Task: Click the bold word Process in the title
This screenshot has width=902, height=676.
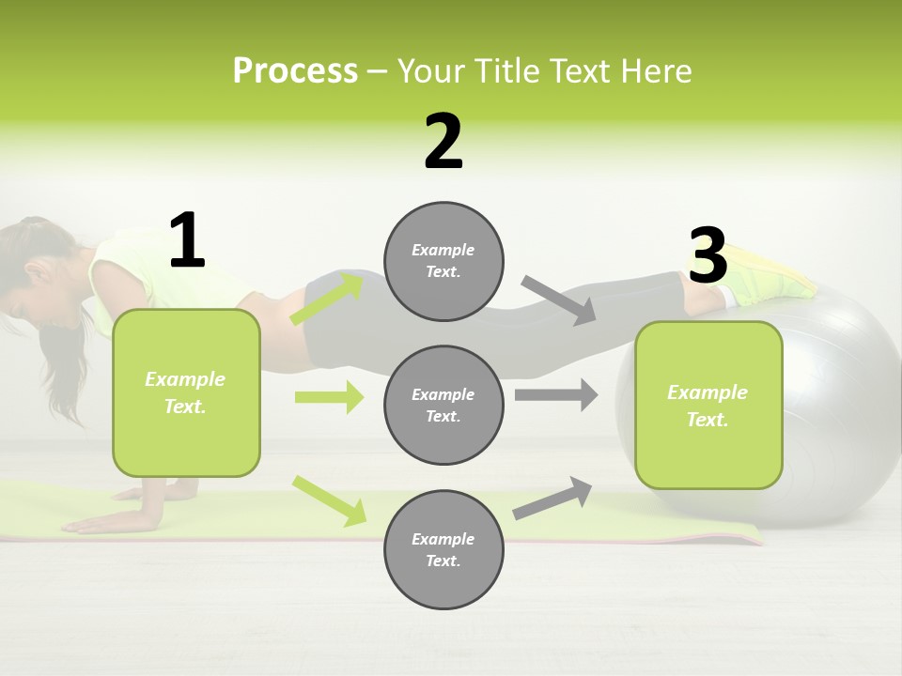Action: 295,71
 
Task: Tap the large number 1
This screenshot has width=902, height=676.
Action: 187,241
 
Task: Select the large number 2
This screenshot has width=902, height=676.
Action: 443,143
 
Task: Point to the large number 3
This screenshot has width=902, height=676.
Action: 708,256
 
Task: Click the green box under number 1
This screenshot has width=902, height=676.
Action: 186,392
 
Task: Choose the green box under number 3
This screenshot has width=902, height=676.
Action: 708,405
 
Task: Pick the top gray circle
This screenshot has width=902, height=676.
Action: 443,261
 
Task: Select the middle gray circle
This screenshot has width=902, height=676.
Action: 443,405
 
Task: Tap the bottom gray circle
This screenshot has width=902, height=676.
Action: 443,549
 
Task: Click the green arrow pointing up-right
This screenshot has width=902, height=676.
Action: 327,299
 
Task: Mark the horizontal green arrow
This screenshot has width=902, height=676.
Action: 329,397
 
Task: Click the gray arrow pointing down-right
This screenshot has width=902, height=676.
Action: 558,300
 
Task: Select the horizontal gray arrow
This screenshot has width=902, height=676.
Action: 556,394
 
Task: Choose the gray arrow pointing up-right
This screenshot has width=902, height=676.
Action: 552,498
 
